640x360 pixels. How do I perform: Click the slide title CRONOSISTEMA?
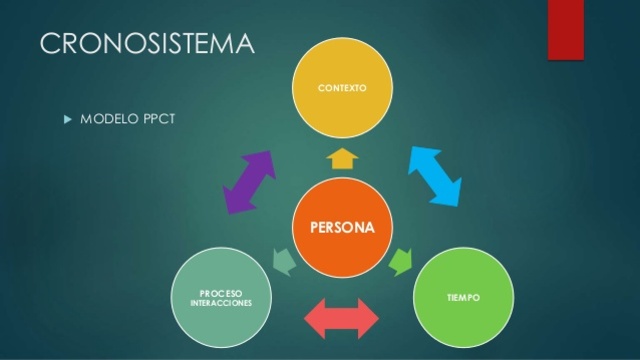click(147, 44)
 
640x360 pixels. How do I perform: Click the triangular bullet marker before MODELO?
click(68, 118)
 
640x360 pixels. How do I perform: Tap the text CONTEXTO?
click(342, 88)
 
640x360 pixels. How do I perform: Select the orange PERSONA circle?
click(342, 227)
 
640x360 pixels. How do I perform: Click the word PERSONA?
click(342, 227)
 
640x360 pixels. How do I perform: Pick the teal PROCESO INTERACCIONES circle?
click(221, 297)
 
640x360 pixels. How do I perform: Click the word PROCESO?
click(221, 293)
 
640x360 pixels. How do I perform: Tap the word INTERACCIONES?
click(221, 302)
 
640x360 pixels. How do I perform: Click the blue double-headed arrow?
click(436, 176)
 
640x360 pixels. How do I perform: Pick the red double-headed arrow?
click(342, 318)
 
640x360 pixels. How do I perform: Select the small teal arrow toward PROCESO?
click(284, 261)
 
